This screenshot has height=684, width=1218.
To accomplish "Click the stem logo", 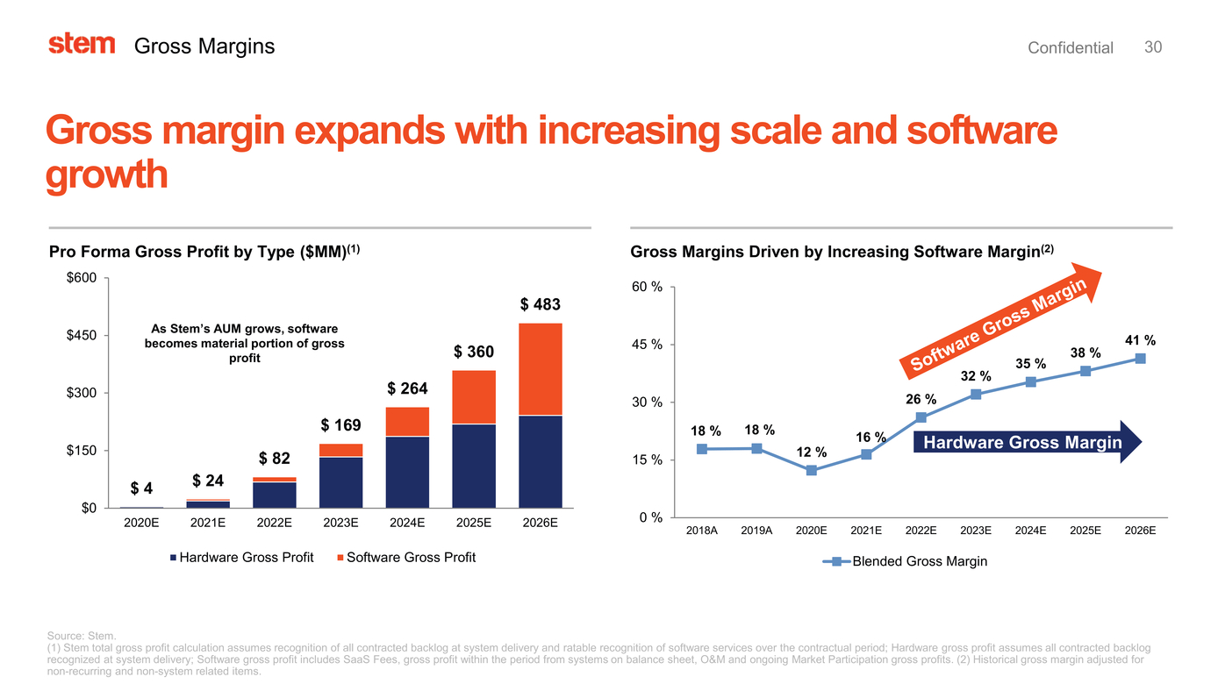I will (x=82, y=45).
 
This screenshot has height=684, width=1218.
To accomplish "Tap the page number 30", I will (x=1153, y=47).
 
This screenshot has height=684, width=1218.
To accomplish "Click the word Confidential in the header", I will (x=1070, y=48).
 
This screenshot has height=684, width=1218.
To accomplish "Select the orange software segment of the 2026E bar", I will (x=541, y=369).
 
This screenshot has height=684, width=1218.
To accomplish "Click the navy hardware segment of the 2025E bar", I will (x=474, y=466).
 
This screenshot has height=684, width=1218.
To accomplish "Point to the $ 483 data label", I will (x=540, y=305).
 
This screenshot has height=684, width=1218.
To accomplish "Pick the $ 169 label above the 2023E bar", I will (x=340, y=426).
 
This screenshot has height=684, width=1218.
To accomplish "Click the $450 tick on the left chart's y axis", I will (x=83, y=335).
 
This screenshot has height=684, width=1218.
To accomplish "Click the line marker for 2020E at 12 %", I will (x=812, y=471).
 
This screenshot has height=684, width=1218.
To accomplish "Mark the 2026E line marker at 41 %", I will (x=1140, y=359).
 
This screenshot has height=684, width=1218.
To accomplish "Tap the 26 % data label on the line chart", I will (x=921, y=400).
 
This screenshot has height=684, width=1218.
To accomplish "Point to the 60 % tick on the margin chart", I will (x=647, y=287).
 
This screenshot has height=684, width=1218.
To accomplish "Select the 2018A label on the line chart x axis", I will (x=702, y=531).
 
